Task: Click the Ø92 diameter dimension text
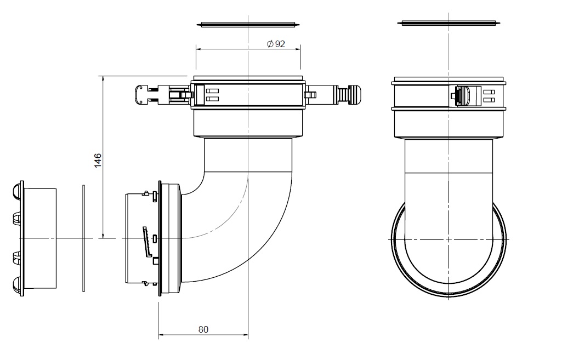(276, 44)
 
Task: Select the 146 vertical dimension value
(98, 160)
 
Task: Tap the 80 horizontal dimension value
(203, 329)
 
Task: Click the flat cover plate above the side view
(248, 24)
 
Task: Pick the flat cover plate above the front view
(449, 22)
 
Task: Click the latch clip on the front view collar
(464, 96)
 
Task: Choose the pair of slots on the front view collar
(489, 96)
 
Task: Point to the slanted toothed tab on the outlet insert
(146, 242)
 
